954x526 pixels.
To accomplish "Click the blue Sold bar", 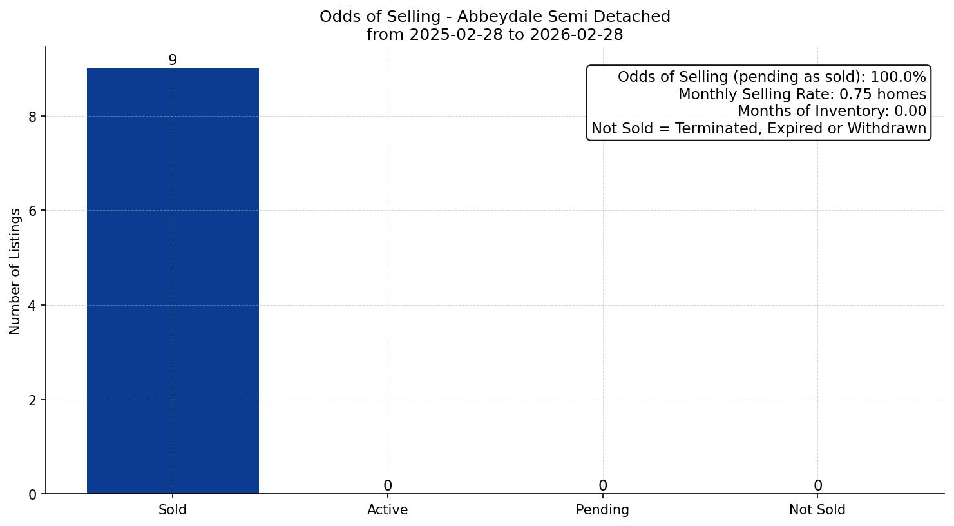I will (x=173, y=281).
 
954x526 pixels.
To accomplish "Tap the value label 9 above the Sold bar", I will (x=173, y=60).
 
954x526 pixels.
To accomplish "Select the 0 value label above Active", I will (x=387, y=485).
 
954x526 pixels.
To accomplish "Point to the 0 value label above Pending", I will (x=602, y=485).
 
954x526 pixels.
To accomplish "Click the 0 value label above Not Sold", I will (x=817, y=485).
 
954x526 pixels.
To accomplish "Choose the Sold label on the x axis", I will (x=173, y=510).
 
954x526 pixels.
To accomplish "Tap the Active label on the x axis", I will (x=387, y=510).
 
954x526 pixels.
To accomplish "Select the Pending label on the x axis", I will (x=602, y=510).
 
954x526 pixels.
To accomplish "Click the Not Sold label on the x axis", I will (x=817, y=510).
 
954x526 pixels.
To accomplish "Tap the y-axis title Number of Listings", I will (x=15, y=271).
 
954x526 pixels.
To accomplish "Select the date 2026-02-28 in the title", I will (x=577, y=35).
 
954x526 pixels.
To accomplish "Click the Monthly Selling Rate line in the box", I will (x=802, y=94).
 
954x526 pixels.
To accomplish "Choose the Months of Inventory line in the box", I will (x=832, y=112).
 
